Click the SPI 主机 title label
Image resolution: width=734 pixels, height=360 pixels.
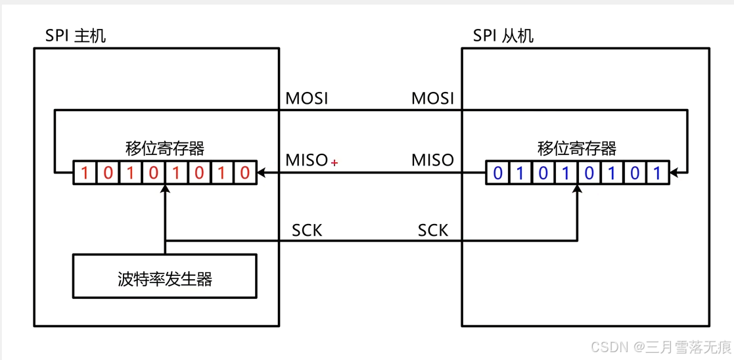point(75,35)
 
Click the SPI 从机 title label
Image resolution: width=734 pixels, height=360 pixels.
point(503,35)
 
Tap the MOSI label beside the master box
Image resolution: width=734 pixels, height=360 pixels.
point(306,99)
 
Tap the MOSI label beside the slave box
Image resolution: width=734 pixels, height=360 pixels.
point(432,99)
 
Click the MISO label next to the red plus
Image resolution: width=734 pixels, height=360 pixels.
point(306,160)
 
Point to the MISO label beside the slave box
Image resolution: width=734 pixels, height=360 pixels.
point(432,160)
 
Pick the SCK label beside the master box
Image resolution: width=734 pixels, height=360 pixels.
point(307,231)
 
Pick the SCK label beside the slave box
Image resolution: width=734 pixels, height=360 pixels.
point(433,231)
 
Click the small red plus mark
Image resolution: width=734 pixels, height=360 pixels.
point(334,162)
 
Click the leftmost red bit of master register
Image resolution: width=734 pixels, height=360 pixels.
point(84,173)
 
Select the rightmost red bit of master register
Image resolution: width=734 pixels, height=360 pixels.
point(245,173)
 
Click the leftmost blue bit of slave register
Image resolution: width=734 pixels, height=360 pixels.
point(497,173)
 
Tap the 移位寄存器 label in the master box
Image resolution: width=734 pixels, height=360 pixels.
point(165,148)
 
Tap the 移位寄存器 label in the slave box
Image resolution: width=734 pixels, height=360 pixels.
point(578,148)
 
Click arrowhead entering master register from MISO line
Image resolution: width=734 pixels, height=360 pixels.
point(261,173)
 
